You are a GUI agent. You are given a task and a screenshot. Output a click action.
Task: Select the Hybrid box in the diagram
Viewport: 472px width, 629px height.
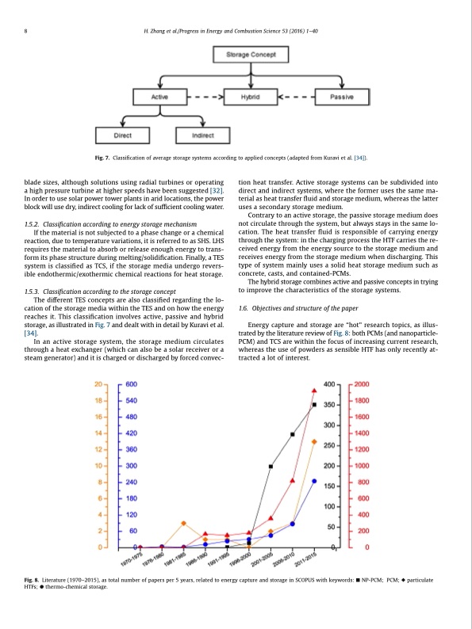(250, 96)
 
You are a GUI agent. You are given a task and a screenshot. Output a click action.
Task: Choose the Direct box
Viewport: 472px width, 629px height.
(124, 136)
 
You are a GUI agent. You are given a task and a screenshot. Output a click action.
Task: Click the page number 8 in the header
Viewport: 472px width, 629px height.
(27, 32)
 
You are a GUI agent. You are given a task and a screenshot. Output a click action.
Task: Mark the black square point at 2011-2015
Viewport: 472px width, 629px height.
(315, 405)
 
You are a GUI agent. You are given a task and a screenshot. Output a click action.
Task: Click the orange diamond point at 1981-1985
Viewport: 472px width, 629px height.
(184, 524)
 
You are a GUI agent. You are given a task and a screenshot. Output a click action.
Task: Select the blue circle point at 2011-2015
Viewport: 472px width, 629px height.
(315, 481)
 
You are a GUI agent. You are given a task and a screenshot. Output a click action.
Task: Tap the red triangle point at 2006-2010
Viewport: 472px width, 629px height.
(293, 480)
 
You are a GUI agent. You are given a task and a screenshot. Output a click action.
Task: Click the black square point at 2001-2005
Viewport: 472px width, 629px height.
(271, 467)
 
